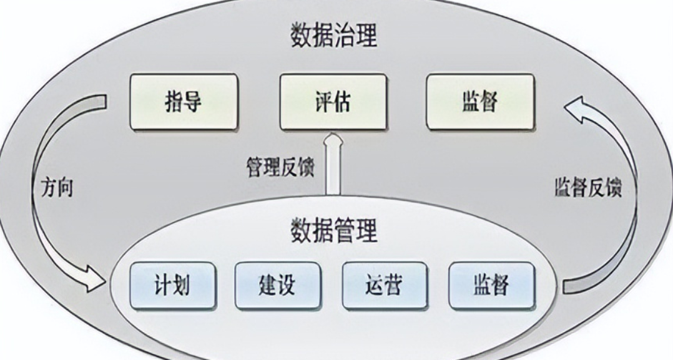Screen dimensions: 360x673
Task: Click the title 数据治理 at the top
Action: pyautogui.click(x=334, y=36)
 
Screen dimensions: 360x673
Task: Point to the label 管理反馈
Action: pyautogui.click(x=280, y=167)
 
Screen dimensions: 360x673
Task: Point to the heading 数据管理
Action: pyautogui.click(x=334, y=230)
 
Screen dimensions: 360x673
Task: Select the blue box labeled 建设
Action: pyautogui.click(x=277, y=286)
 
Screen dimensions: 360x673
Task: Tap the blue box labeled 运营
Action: pyautogui.click(x=384, y=286)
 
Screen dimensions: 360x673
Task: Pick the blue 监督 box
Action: pyautogui.click(x=491, y=286)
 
